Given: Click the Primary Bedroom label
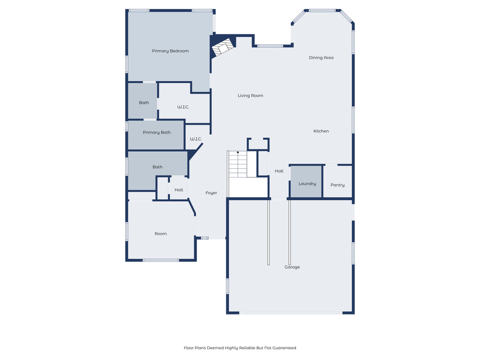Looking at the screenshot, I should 170,51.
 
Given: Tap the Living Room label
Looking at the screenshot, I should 250,96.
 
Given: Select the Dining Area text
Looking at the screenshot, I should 321,58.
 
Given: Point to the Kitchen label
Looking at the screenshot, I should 321,131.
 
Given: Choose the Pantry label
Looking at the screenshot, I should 337,185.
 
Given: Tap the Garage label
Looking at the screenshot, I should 292,267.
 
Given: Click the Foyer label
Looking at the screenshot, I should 211,193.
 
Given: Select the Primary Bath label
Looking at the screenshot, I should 157,133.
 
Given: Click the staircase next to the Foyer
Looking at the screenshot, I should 238,165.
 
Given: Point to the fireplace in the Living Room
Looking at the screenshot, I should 222,47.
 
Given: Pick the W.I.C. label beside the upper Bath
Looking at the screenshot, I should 183,107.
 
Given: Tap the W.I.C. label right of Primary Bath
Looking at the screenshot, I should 195,139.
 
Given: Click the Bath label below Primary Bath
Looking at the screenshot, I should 157,167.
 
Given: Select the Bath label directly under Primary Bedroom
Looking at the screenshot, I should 144,103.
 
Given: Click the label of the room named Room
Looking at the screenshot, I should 161,234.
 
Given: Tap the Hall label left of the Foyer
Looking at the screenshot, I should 179,190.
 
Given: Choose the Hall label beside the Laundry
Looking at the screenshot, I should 279,171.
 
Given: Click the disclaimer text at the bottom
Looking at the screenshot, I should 240,348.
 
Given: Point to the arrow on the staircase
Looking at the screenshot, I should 238,153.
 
